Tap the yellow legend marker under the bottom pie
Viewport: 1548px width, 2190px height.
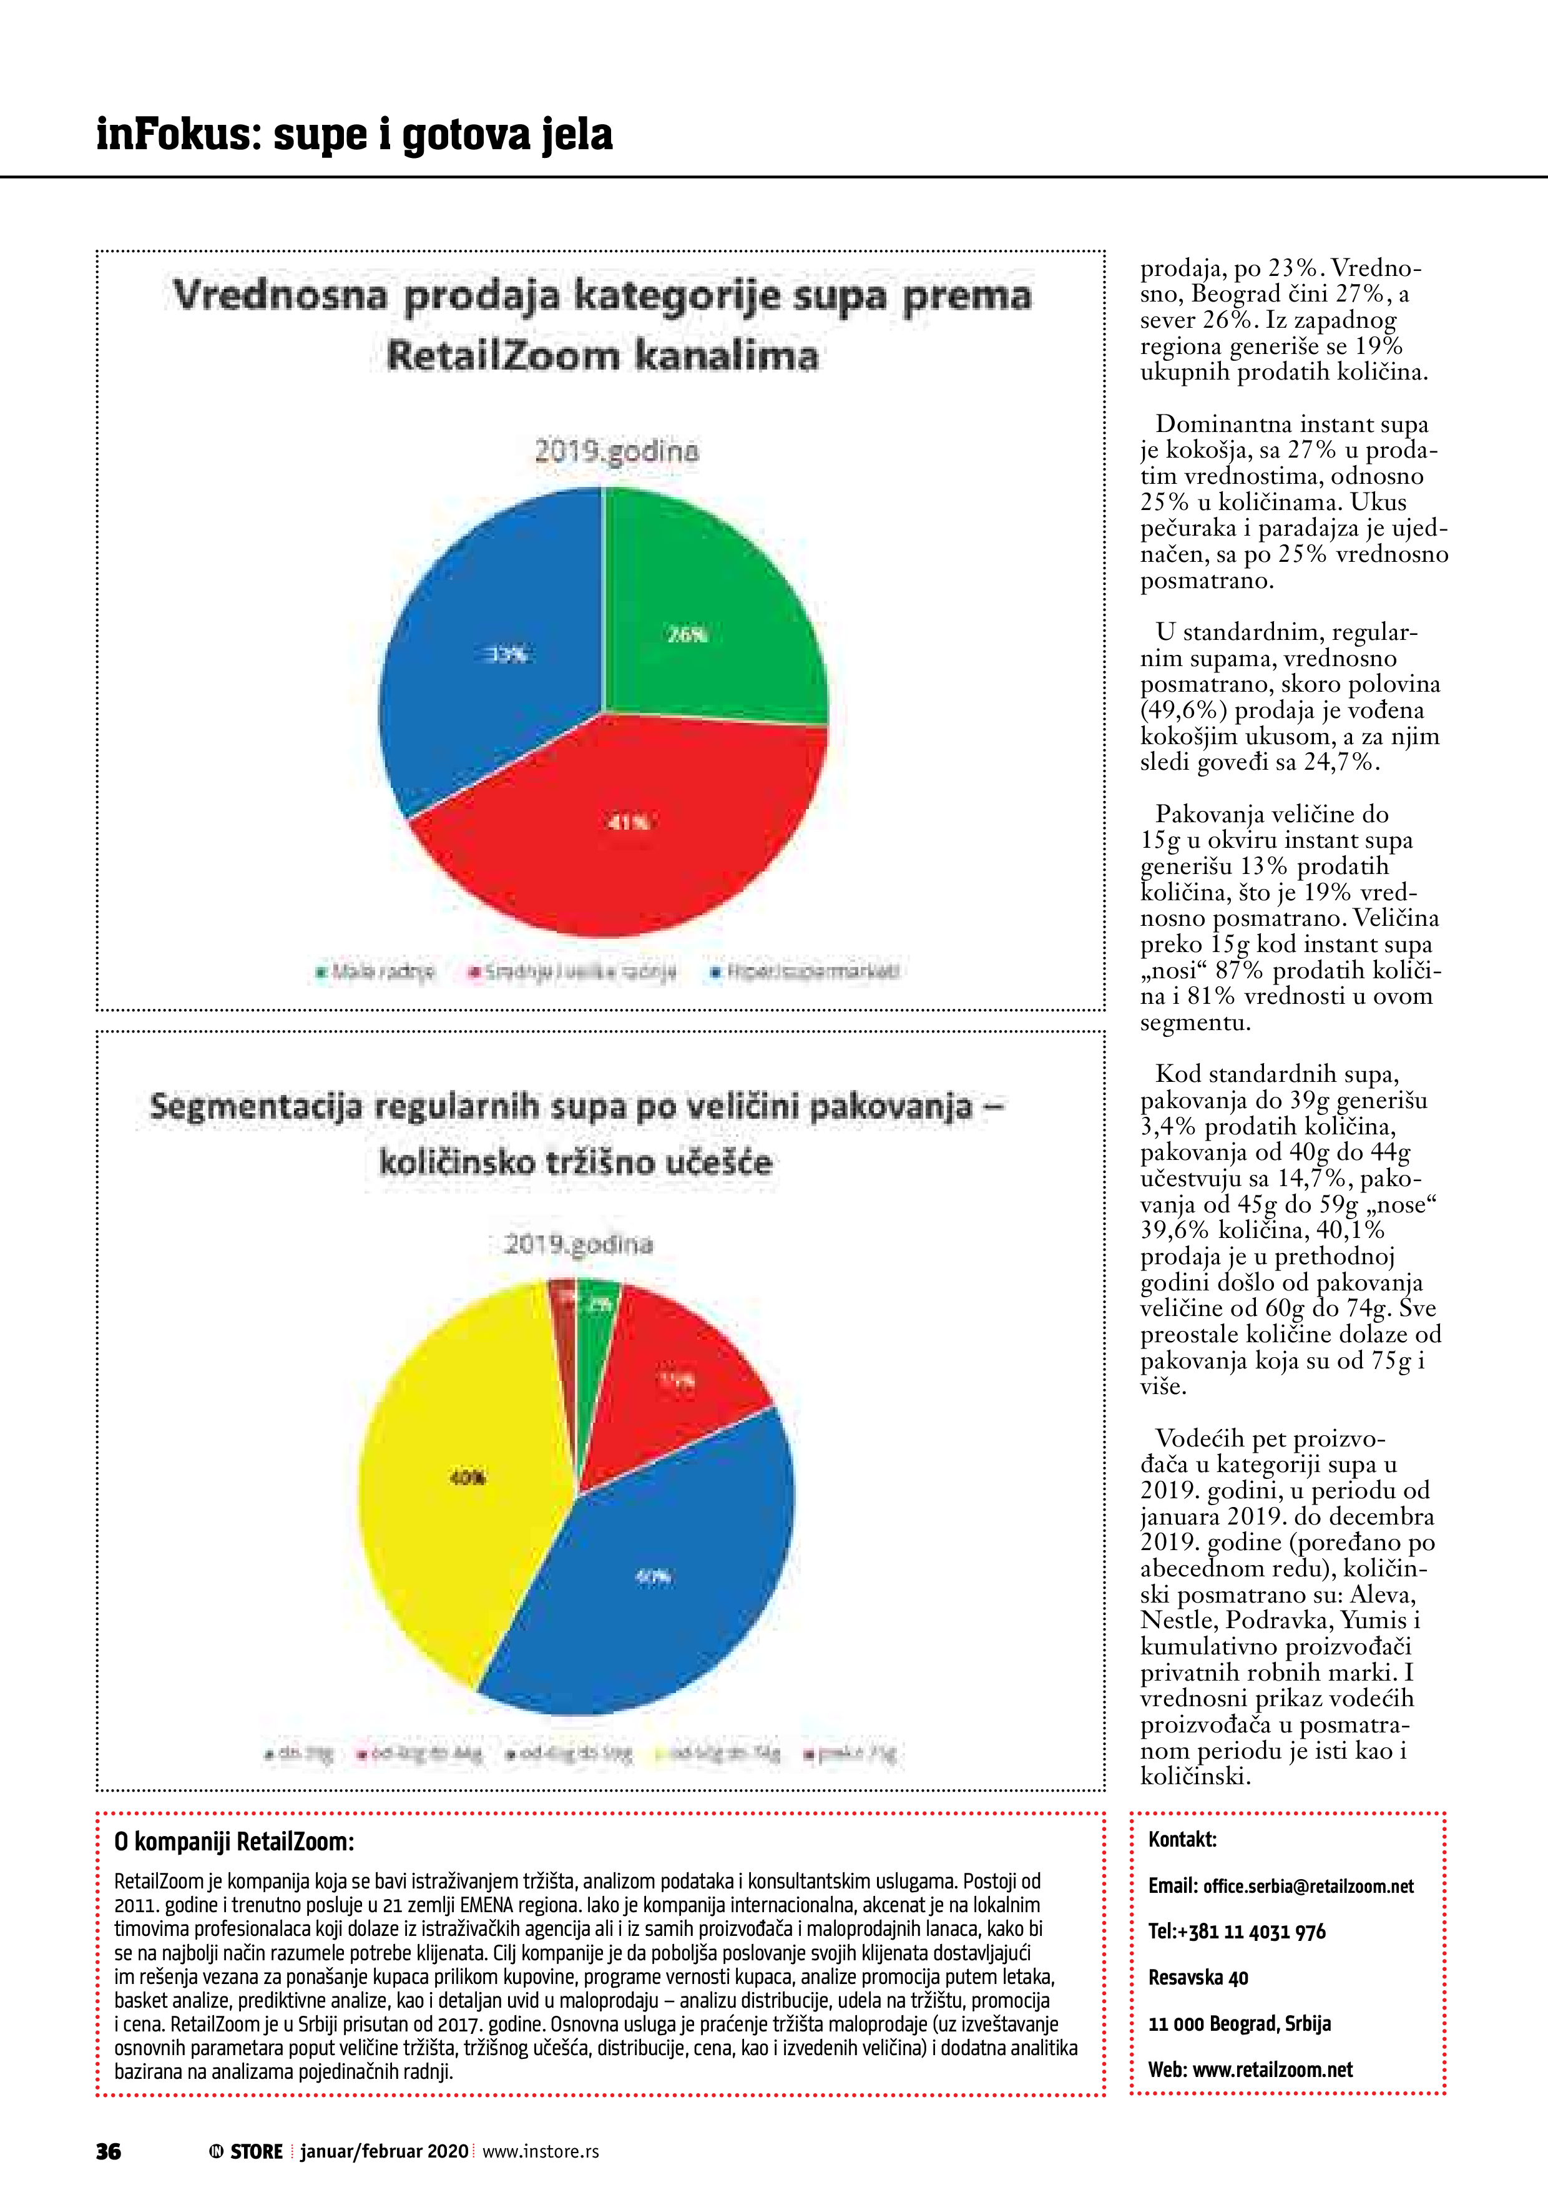(660, 1753)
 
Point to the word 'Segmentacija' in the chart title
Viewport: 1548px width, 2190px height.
(256, 1106)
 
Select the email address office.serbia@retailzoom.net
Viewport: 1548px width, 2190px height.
(1308, 1886)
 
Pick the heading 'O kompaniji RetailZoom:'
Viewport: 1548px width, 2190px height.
(233, 1842)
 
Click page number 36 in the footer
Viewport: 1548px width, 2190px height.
(108, 2151)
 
